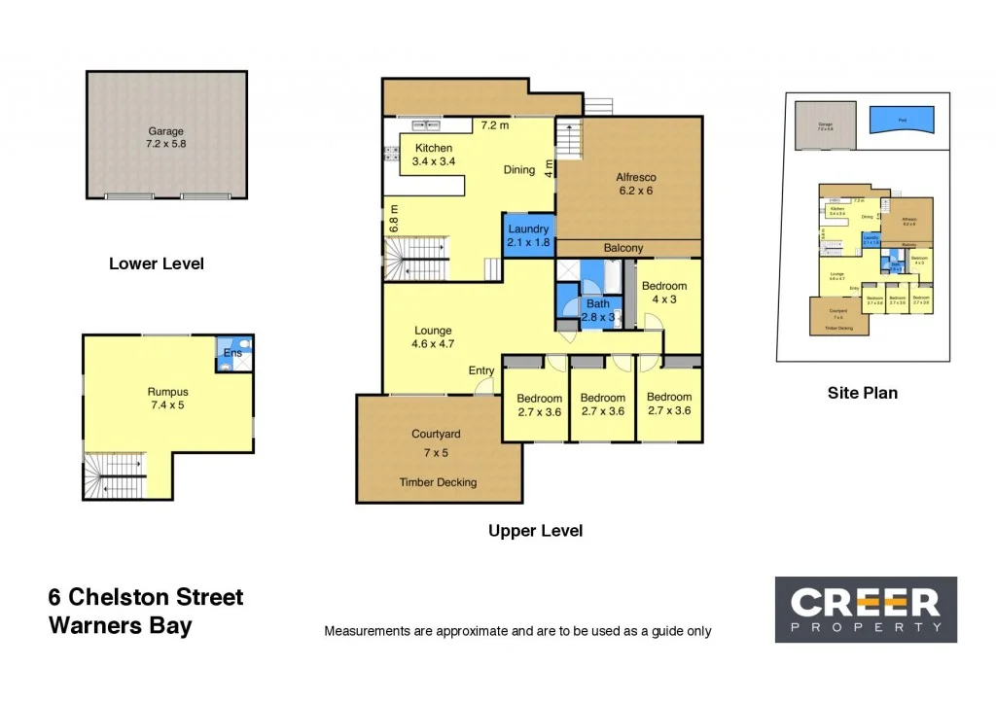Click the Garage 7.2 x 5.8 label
pyautogui.click(x=165, y=138)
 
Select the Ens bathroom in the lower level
pyautogui.click(x=233, y=355)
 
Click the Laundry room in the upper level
pyautogui.click(x=528, y=236)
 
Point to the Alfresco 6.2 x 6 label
pyautogui.click(x=636, y=185)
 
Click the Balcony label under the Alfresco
pyautogui.click(x=623, y=248)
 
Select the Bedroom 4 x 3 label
pyautogui.click(x=664, y=293)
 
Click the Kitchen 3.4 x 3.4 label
pyautogui.click(x=433, y=155)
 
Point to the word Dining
pyautogui.click(x=519, y=170)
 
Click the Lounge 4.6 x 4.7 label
pyautogui.click(x=434, y=337)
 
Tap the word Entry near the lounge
pyautogui.click(x=480, y=370)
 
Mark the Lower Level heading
pyautogui.click(x=157, y=264)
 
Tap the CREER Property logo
pyautogui.click(x=865, y=610)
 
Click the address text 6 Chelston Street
pyautogui.click(x=146, y=597)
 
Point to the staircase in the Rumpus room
pyautogui.click(x=115, y=476)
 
